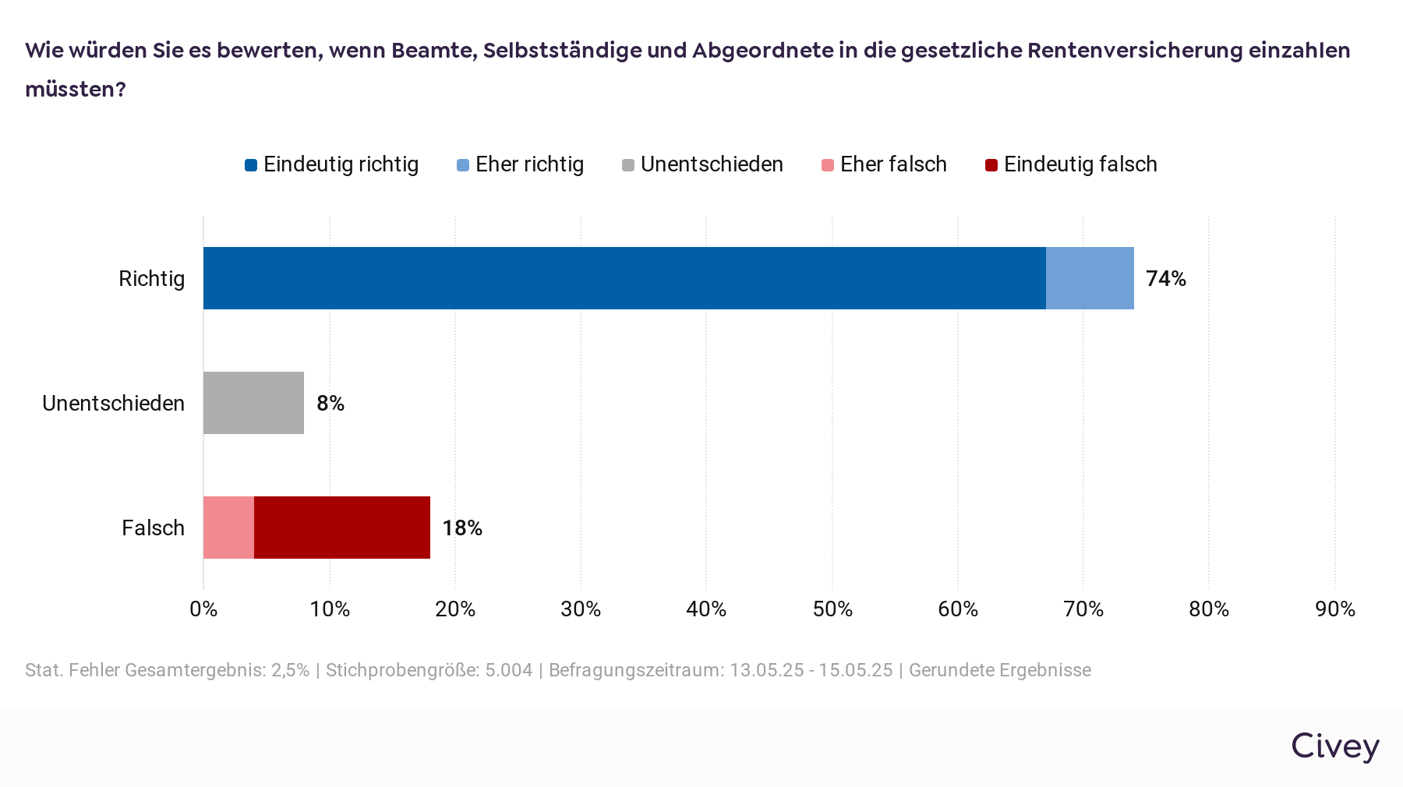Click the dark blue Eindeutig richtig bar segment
pyautogui.click(x=624, y=278)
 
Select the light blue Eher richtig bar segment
pyautogui.click(x=1090, y=278)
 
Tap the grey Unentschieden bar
pyautogui.click(x=253, y=403)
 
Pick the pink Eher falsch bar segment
pyautogui.click(x=228, y=528)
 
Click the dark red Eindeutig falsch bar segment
pyautogui.click(x=342, y=528)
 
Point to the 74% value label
pyautogui.click(x=1165, y=279)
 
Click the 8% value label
pyautogui.click(x=330, y=404)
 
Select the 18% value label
pyautogui.click(x=461, y=528)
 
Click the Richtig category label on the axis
pyautogui.click(x=151, y=279)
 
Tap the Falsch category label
pyautogui.click(x=153, y=528)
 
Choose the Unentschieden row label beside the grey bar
pyautogui.click(x=113, y=404)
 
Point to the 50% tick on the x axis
pyautogui.click(x=832, y=609)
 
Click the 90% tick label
pyautogui.click(x=1334, y=609)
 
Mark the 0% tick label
pyautogui.click(x=203, y=609)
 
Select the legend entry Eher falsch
pyautogui.click(x=892, y=164)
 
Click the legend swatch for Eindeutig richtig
pyautogui.click(x=251, y=165)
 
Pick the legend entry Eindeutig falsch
pyautogui.click(x=1080, y=164)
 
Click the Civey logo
pyautogui.click(x=1334, y=746)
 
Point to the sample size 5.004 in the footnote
pyautogui.click(x=508, y=670)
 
